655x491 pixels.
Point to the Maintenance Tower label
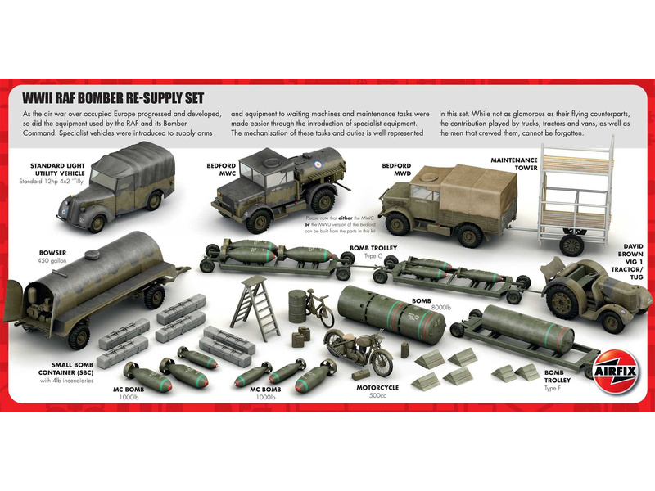[x=514, y=165]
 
